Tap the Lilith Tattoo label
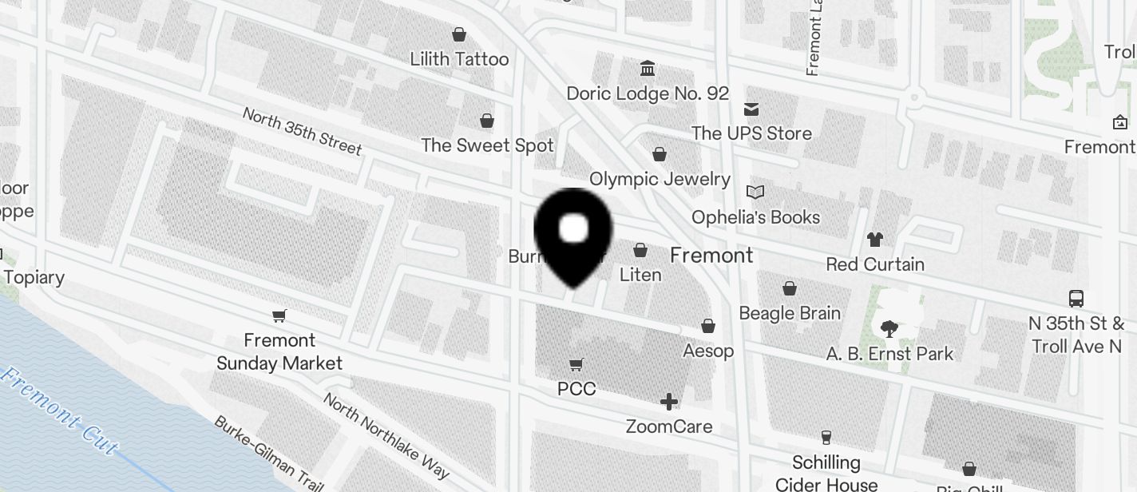point(459,59)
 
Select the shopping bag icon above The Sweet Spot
point(486,121)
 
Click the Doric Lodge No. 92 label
point(648,93)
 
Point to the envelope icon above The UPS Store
point(751,109)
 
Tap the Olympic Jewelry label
point(660,179)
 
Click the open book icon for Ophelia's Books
point(755,192)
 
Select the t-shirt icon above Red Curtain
point(875,239)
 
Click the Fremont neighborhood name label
point(711,256)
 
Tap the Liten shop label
point(640,275)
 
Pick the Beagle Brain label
point(790,313)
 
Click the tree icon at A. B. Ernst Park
point(889,327)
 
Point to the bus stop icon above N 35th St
point(1076,299)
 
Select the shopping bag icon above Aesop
point(708,326)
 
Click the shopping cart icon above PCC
point(576,364)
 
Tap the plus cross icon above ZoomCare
point(669,401)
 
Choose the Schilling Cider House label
point(826,473)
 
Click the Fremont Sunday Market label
point(279,351)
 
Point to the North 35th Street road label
point(302,130)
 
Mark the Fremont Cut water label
point(60,412)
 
